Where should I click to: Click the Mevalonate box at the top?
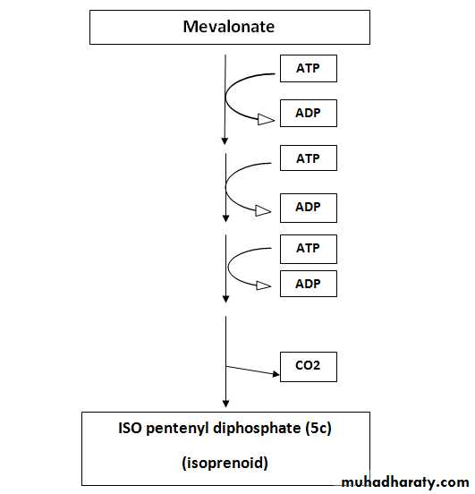pos(230,27)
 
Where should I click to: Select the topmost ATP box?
pos(309,68)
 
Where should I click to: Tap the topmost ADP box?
pos(309,113)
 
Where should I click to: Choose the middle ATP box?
pos(309,158)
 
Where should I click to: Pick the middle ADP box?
pos(309,208)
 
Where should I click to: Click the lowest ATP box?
pos(309,249)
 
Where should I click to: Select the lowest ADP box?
pos(309,284)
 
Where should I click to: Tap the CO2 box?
pos(309,367)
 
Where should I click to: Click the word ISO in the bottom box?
pos(130,428)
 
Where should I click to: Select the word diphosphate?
pos(257,429)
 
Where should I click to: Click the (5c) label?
pos(318,429)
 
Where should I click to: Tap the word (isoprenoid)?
pos(225,464)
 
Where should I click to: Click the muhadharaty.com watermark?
pos(405,482)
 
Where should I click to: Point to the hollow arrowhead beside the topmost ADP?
pos(266,119)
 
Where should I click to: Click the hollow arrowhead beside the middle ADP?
pos(263,211)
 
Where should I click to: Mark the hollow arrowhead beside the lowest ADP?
pos(264,285)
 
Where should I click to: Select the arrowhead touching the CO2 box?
pos(276,374)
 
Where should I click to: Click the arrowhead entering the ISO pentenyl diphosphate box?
pos(225,404)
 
